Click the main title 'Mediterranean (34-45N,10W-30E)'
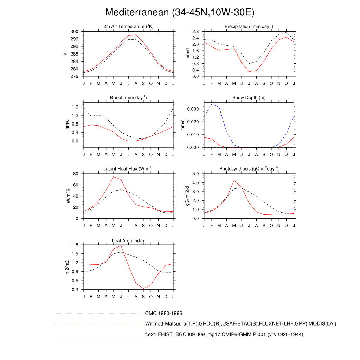[180, 12]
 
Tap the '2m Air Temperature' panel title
[128, 26]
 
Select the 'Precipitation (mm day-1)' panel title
[249, 26]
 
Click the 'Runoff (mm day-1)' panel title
[128, 97]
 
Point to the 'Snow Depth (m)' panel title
[249, 97]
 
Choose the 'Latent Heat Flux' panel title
[128, 169]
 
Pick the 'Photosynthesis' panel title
[249, 169]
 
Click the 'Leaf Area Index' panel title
[128, 240]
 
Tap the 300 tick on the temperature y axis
[74, 32]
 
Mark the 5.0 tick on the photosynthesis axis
[195, 174]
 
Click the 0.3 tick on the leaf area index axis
[75, 290]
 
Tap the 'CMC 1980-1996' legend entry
[163, 313]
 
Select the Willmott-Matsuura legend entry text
[240, 323]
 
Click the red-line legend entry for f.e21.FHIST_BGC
[224, 334]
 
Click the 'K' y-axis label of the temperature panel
[65, 54]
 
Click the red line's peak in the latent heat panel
[114, 176]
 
